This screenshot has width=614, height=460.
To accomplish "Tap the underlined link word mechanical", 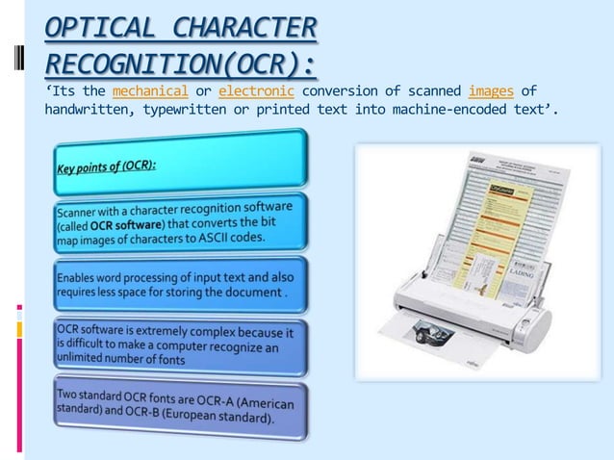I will (149, 92).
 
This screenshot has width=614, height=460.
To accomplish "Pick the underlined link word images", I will (490, 92).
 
